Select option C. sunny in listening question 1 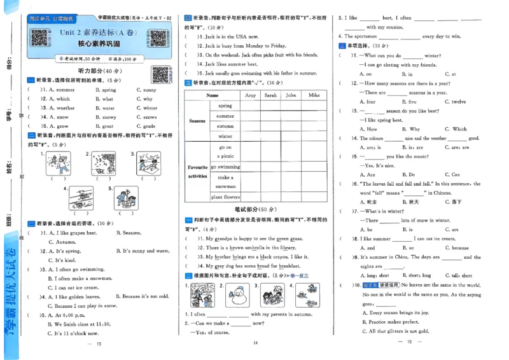click(x=150, y=90)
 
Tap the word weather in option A click(x=65, y=108)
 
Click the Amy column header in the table click(x=250, y=95)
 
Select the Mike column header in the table click(x=314, y=95)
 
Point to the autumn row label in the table click(x=225, y=126)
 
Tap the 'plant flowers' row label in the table click(x=225, y=197)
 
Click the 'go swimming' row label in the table click(x=225, y=167)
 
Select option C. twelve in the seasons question click(x=455, y=102)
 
